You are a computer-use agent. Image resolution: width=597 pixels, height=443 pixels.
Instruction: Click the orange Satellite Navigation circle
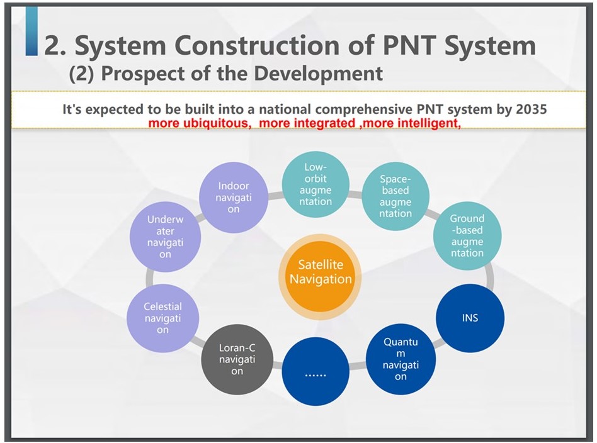click(x=320, y=277)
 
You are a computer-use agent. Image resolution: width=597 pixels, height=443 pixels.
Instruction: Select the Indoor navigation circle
click(x=234, y=198)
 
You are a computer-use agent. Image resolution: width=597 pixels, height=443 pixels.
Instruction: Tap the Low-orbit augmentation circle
click(x=316, y=184)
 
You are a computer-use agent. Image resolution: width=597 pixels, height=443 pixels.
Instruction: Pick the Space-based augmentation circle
click(x=395, y=196)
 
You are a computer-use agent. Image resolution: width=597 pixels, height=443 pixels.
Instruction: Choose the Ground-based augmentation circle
click(x=467, y=236)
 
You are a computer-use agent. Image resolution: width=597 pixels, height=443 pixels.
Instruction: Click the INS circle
click(x=470, y=318)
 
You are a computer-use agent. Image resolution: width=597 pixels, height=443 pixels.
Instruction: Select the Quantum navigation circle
click(x=401, y=359)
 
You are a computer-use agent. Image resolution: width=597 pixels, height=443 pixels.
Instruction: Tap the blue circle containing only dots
click(x=316, y=371)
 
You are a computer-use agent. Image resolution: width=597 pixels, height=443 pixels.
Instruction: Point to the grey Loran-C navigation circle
click(x=237, y=359)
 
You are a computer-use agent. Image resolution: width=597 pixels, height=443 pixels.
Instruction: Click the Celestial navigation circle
click(x=163, y=318)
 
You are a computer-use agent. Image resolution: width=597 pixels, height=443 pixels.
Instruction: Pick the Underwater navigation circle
click(x=165, y=237)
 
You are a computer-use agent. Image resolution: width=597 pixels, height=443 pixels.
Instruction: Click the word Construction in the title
click(x=258, y=45)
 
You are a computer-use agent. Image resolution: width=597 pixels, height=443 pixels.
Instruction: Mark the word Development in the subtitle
click(x=318, y=73)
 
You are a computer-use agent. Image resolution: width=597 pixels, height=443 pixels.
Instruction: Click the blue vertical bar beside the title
click(x=31, y=32)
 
